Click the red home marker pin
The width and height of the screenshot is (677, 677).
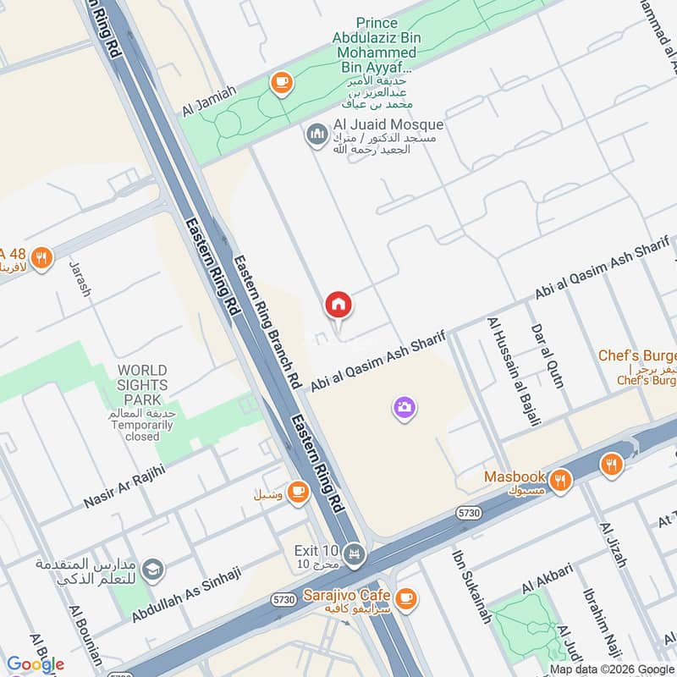(x=338, y=304)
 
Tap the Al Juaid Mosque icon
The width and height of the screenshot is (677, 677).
(x=317, y=135)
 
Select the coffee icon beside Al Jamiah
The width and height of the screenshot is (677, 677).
(x=279, y=82)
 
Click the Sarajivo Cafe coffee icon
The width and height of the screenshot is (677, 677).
(x=406, y=598)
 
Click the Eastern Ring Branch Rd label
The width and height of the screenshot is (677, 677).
(x=268, y=322)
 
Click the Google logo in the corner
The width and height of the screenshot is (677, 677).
(x=36, y=664)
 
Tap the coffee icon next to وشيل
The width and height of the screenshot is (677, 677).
(x=297, y=492)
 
